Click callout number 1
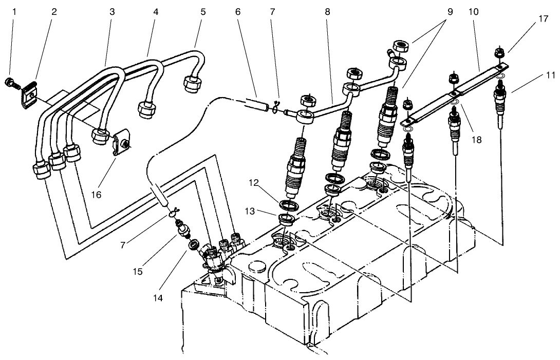pos(14,11)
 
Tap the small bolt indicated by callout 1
pos(12,81)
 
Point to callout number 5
pos(203,11)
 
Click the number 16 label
pos(97,195)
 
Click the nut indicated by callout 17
pos(497,52)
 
